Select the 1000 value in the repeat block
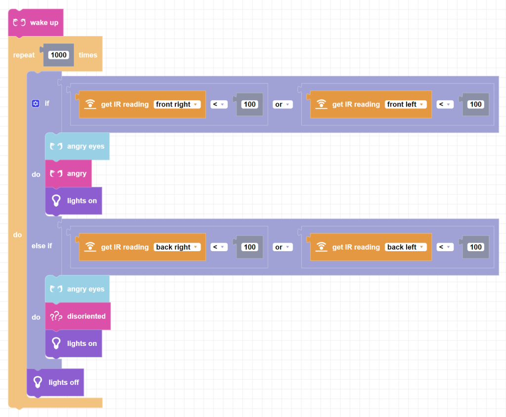[x=59, y=55]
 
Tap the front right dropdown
[x=177, y=104]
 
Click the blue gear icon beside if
[x=35, y=104]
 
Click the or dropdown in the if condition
[x=282, y=104]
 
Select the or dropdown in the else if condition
[x=282, y=247]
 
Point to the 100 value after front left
[x=475, y=104]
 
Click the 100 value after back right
[x=250, y=247]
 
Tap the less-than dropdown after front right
[x=219, y=104]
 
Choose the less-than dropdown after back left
[x=445, y=247]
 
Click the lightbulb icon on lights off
[x=37, y=382]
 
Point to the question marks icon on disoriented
[x=56, y=316]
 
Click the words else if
[x=42, y=246]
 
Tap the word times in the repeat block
[x=88, y=55]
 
